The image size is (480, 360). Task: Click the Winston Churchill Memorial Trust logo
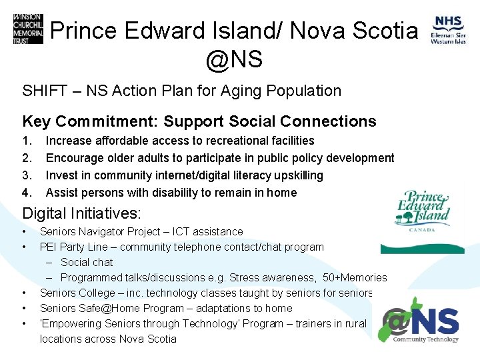click(27, 29)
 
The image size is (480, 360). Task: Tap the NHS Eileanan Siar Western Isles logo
click(449, 31)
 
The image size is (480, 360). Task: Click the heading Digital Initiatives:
click(82, 213)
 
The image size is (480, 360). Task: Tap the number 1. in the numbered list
click(27, 141)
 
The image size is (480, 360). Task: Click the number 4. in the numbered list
click(27, 193)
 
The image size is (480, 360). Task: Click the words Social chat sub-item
click(87, 262)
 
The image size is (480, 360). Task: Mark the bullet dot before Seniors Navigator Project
click(24, 231)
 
